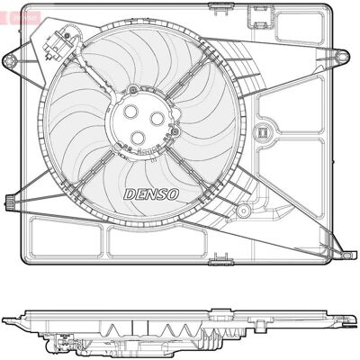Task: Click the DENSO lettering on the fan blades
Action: coord(151,194)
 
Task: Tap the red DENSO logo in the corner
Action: coord(20,18)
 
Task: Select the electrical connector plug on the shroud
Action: coord(58,41)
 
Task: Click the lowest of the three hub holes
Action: coord(139,137)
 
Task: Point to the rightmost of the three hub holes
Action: coord(157,119)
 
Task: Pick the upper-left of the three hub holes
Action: coord(130,112)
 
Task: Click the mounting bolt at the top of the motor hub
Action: coord(133,89)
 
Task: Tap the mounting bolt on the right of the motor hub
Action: coord(175,130)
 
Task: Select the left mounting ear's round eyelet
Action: coord(9,61)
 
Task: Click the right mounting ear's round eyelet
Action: coord(342,56)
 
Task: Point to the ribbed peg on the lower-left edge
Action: coord(10,199)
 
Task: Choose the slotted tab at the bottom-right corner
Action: coord(346,255)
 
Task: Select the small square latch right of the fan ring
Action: coord(262,132)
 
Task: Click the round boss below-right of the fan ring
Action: coord(243,211)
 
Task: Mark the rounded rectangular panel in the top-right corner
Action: coord(300,28)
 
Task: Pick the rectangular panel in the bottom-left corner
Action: coord(66,238)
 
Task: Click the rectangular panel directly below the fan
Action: coord(157,242)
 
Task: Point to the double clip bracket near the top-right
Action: coord(260,17)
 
